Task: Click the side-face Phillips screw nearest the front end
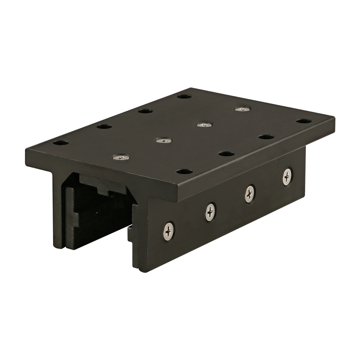point(169,229)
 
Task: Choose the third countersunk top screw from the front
point(204,124)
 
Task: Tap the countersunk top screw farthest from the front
point(242,109)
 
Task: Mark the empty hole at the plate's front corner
point(184,171)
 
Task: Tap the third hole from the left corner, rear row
point(144,111)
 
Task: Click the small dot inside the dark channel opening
point(97,212)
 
